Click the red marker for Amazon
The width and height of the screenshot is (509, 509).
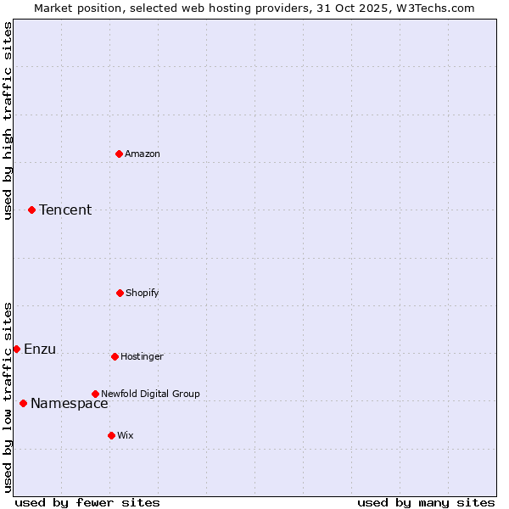119,154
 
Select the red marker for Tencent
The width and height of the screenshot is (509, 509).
31,210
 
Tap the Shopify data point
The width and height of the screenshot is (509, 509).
120,293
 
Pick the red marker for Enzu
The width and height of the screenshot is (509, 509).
16,349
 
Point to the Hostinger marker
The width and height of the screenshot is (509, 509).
115,356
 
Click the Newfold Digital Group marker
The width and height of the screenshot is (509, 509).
95,394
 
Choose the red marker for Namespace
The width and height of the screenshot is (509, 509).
23,403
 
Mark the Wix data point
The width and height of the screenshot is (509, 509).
111,435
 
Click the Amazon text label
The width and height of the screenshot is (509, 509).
143,154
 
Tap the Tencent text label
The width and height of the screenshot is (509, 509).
65,210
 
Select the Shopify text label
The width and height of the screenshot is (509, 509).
143,293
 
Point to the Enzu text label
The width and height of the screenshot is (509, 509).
40,349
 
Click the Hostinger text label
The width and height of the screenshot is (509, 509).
142,356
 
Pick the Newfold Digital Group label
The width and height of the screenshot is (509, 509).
150,394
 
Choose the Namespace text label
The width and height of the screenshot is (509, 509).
70,403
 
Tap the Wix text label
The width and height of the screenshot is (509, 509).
126,435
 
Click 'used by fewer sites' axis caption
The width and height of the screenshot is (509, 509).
87,502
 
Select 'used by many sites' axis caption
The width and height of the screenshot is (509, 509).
426,502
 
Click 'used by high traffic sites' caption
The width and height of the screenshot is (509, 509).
8,120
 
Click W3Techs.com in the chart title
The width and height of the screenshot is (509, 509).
438,8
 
